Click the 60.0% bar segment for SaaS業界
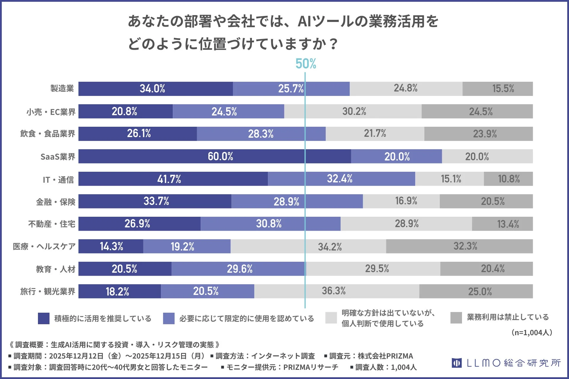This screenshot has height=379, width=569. coord(220,156)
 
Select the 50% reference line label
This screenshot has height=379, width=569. coord(306,64)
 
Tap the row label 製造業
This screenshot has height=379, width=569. coord(62,89)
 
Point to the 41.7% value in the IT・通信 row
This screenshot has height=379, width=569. coord(169,179)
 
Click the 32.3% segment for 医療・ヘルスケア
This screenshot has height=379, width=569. coord(465,246)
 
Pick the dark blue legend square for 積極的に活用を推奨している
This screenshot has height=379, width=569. coord(44,318)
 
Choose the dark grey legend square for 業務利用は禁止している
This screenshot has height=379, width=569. coord(456,318)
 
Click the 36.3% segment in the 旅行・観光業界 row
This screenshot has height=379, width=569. coord(334,291)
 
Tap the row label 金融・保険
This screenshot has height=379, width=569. coord(56,202)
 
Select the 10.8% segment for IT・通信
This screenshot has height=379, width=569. coord(509,179)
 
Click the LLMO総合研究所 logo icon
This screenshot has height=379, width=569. coord(456,363)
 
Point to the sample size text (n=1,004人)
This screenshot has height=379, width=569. coord(532,333)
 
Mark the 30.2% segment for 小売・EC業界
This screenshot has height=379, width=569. coord(354,111)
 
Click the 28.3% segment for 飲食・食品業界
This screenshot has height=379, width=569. coord(260,134)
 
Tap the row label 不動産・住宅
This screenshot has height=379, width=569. coord(52,224)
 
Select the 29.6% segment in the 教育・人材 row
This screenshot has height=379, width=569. coord(239,269)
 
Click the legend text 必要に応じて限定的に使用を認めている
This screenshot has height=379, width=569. coord(246,319)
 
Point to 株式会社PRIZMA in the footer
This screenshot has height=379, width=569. coord(385,356)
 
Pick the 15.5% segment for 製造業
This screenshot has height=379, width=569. coord(503,89)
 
